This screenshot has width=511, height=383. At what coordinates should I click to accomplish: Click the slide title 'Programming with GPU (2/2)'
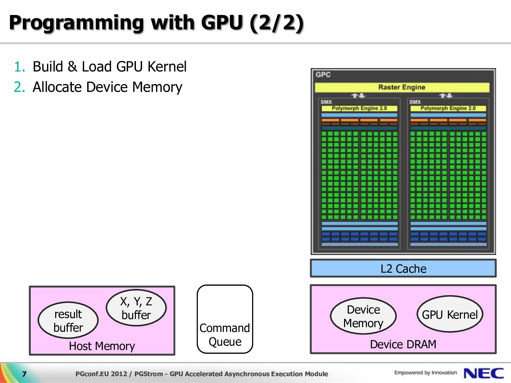tap(156, 23)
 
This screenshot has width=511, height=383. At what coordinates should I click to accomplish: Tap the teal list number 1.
tap(19, 67)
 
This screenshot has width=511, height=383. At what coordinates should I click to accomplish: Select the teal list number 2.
tap(19, 87)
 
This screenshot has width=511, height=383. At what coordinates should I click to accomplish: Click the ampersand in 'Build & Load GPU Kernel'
tap(73, 67)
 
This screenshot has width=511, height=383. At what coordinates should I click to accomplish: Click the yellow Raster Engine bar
tap(402, 87)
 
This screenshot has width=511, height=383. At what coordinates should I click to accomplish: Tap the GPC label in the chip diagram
tap(323, 75)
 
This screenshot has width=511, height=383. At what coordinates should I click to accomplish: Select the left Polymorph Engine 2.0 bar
tap(359, 108)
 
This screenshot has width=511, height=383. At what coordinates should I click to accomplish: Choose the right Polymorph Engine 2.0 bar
tap(448, 108)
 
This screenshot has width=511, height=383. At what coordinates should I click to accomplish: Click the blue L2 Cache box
tap(403, 268)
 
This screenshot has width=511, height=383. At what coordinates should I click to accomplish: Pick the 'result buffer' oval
tap(68, 320)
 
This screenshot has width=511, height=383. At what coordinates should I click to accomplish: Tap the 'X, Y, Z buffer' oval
tap(136, 308)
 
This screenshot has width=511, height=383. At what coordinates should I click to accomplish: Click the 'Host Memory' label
tap(102, 346)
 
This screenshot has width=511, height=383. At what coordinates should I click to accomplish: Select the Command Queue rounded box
tap(225, 319)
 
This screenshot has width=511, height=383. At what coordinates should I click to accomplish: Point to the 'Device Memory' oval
tap(363, 316)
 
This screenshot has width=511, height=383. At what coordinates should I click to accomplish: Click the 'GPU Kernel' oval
tap(450, 314)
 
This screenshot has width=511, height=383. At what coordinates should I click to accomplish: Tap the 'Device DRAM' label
tap(403, 345)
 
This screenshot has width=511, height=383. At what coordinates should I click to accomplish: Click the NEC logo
tap(484, 373)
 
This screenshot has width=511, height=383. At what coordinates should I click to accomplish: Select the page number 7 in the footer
tap(24, 374)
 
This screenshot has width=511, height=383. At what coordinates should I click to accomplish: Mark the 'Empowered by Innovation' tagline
tap(425, 372)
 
